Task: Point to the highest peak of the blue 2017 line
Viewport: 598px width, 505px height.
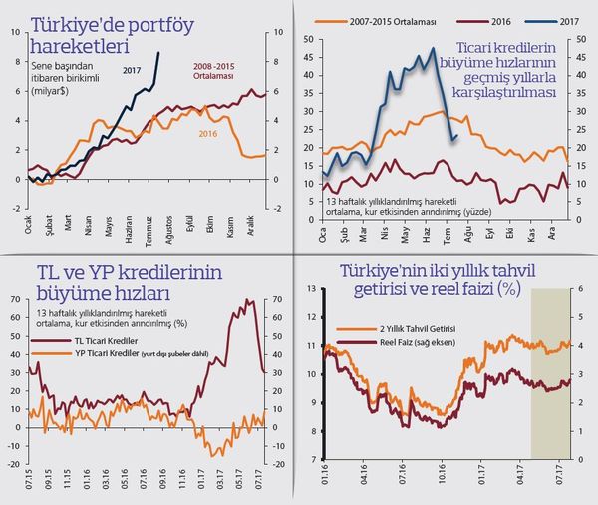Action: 433,49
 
